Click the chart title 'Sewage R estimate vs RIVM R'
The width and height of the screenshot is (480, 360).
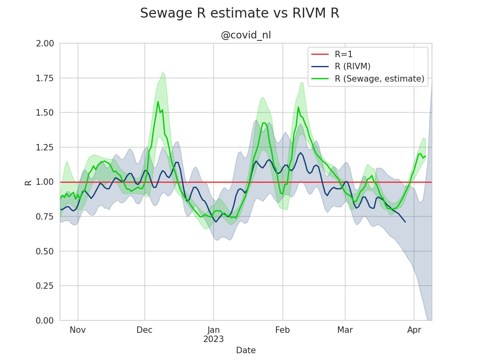coord(240,13)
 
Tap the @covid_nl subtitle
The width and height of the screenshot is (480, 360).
coord(246,35)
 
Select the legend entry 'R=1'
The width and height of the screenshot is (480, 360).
coord(344,54)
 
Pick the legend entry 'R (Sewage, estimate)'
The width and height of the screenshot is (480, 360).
coord(379,79)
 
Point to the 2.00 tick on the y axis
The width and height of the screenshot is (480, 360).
coord(45,43)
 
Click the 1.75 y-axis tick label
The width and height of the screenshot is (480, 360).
coord(45,78)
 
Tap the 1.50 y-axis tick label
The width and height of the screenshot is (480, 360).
coord(45,112)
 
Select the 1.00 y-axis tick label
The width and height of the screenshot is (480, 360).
coord(45,182)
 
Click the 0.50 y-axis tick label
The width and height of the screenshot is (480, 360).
coord(45,251)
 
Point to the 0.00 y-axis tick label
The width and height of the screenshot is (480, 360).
coord(45,320)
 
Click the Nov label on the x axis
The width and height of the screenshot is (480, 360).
coord(78,330)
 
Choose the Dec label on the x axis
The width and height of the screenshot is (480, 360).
coord(144,330)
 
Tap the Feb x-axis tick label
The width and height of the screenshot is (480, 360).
coord(282,330)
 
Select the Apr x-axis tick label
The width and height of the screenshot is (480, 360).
coord(414,330)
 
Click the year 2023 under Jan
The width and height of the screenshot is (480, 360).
coord(213,340)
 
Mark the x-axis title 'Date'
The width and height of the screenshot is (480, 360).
coord(246,350)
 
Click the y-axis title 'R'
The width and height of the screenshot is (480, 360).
coord(28,182)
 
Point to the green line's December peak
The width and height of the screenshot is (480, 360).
coord(158,102)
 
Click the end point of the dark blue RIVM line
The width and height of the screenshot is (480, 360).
coord(405,222)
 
